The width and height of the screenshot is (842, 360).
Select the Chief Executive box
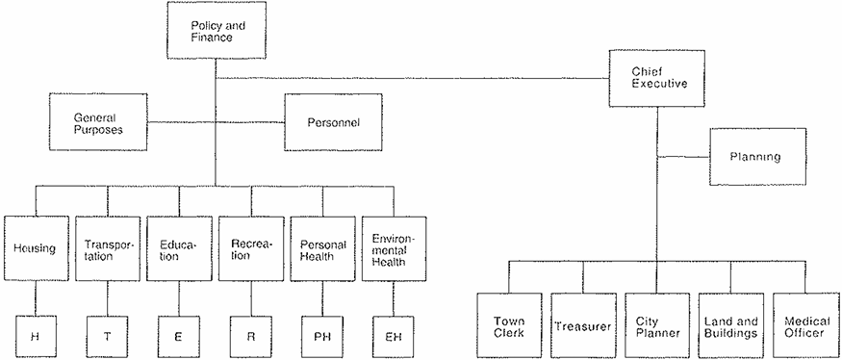click(656, 78)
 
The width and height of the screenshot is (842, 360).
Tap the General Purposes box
click(98, 121)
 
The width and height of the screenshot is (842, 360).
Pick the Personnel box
click(333, 122)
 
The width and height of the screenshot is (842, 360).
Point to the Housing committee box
click(37, 248)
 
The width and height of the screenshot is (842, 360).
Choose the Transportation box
click(108, 248)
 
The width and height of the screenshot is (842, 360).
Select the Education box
click(179, 248)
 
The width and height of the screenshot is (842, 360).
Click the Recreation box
click(251, 248)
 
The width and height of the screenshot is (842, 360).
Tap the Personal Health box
click(322, 248)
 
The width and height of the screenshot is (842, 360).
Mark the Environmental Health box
click(395, 248)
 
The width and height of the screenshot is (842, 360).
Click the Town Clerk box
click(509, 325)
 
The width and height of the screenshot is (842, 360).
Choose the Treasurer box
click(583, 325)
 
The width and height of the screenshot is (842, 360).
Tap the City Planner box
click(657, 325)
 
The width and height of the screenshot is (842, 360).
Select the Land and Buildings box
click(730, 325)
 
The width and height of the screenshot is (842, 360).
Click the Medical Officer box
click(804, 325)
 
